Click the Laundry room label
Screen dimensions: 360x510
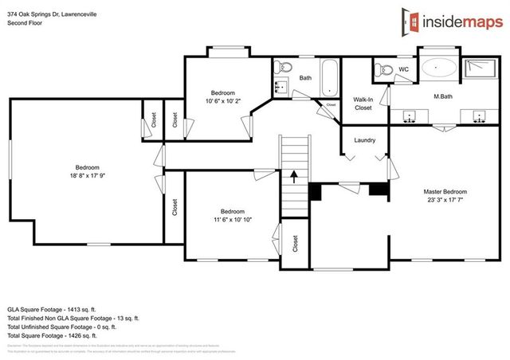365,141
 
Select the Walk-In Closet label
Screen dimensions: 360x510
363,104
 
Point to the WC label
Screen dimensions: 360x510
403,69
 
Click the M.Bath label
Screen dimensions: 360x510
443,97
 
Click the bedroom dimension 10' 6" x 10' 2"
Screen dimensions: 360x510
222,101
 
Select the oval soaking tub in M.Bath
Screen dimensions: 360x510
439,68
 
